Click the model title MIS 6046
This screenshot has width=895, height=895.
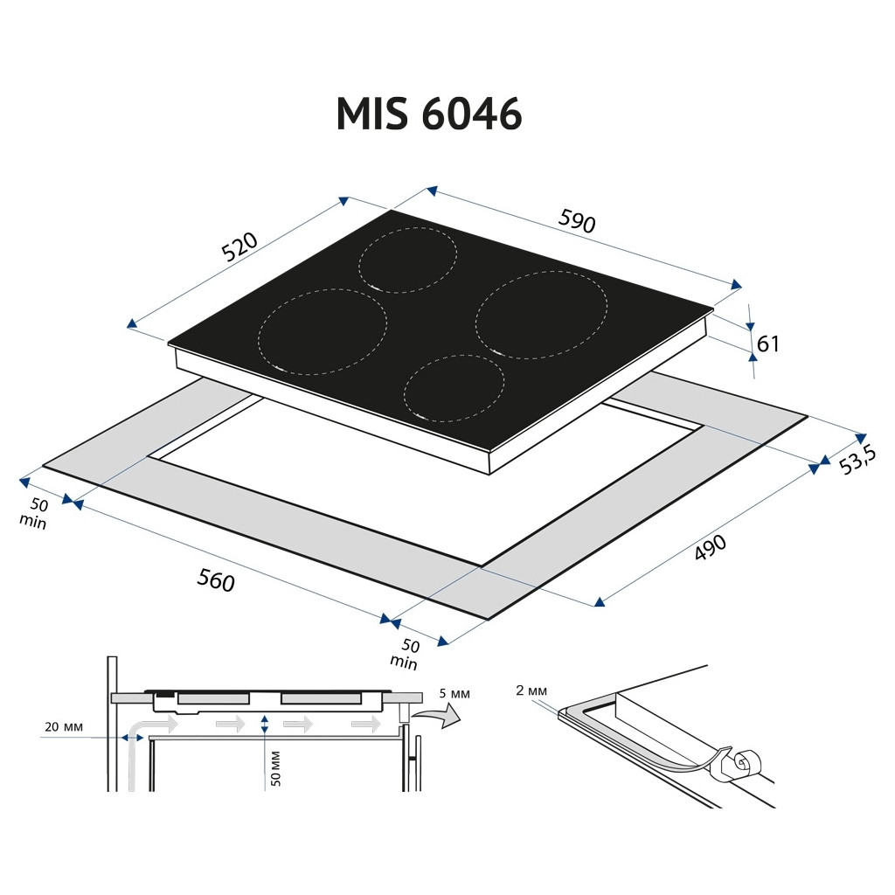(x=428, y=114)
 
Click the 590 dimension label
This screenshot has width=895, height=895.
(x=577, y=221)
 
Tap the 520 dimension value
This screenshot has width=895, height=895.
(x=239, y=246)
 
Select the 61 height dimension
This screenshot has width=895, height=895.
(x=767, y=343)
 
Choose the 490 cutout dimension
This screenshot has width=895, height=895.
(x=710, y=547)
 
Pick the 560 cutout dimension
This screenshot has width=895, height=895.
(x=216, y=580)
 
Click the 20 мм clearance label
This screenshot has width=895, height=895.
(x=64, y=727)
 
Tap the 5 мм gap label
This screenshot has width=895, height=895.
(x=454, y=693)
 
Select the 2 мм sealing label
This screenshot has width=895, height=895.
(x=531, y=690)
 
